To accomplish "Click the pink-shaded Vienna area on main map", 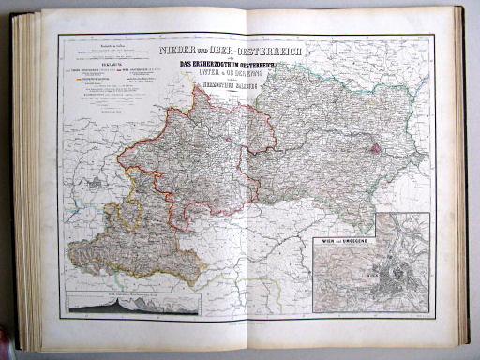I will [x=374, y=145].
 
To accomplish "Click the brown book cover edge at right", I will [x=461, y=187].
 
